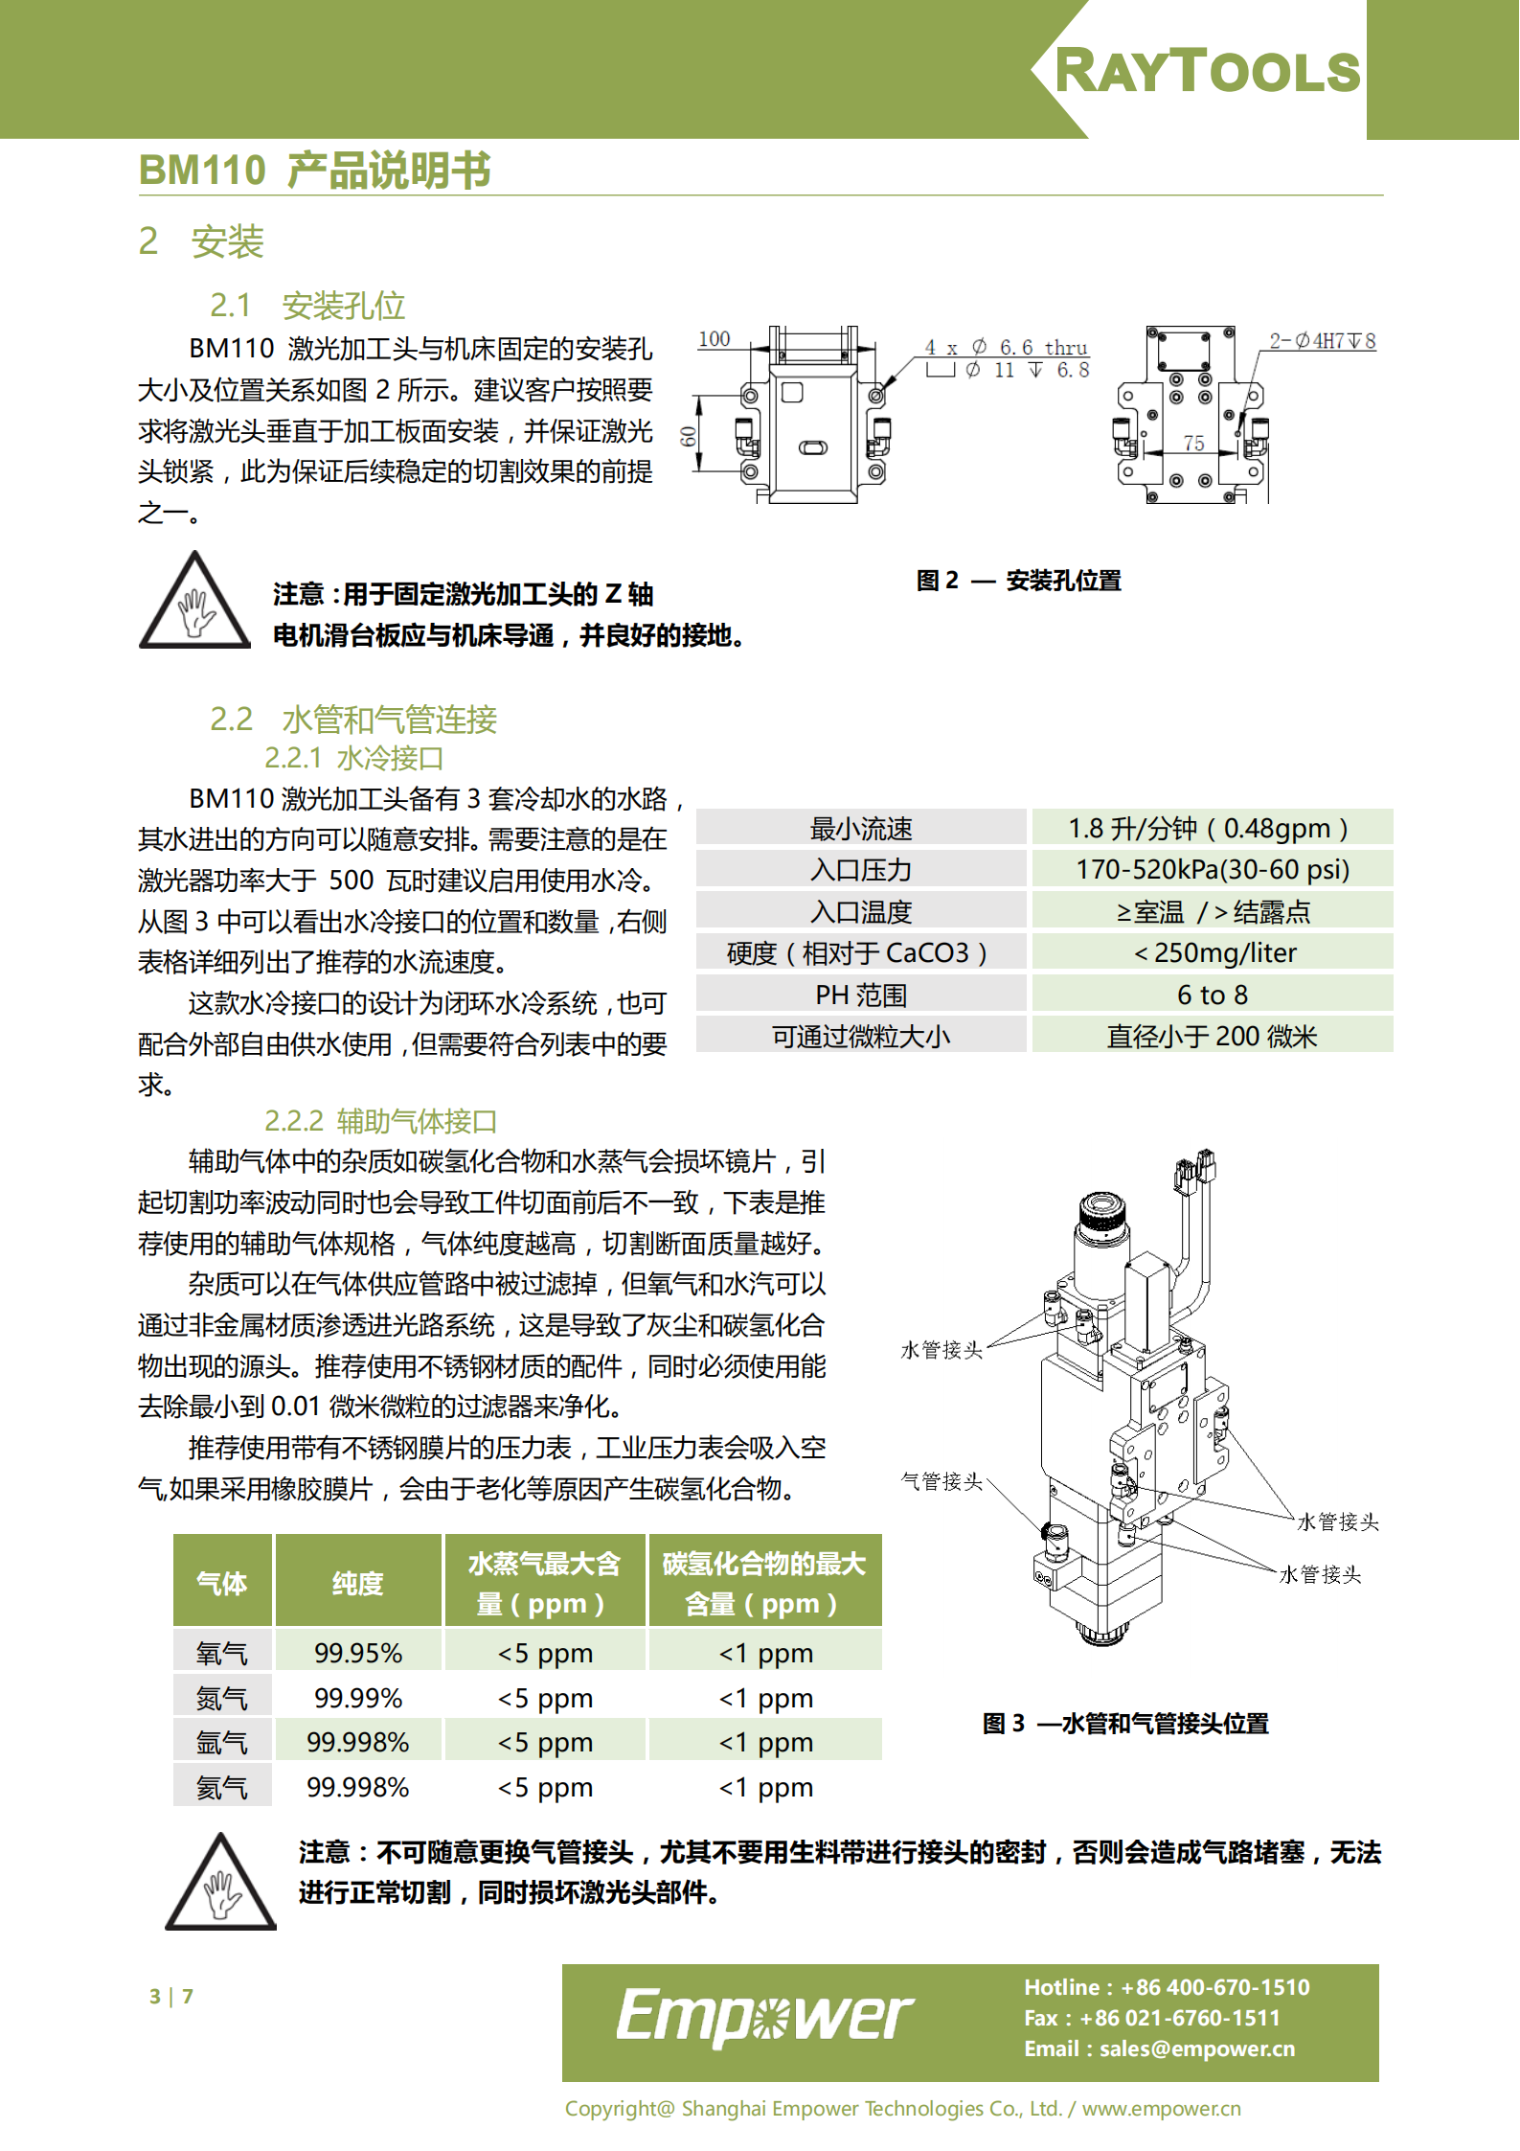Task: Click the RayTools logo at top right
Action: (1207, 71)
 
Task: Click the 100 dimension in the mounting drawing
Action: (714, 339)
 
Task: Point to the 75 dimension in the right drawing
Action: (1193, 443)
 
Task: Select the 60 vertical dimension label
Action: (689, 437)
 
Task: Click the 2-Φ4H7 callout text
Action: (1323, 341)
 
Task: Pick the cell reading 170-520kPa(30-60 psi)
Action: (1212, 869)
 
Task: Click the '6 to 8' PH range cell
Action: (1212, 995)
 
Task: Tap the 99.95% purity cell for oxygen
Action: (358, 1653)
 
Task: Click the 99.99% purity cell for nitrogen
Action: (358, 1698)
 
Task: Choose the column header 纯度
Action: (358, 1583)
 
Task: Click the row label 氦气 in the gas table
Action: (222, 1787)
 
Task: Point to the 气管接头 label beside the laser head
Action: (941, 1481)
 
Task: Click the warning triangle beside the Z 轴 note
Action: (195, 601)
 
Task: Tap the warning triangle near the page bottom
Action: (221, 1882)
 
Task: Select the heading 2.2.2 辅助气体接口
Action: (380, 1121)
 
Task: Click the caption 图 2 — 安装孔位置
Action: (1018, 581)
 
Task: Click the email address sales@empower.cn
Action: (1197, 2048)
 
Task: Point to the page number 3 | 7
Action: (171, 1997)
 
